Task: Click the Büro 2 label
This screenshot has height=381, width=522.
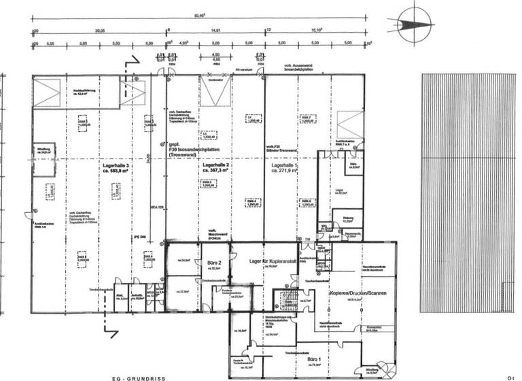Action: click(x=213, y=261)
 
